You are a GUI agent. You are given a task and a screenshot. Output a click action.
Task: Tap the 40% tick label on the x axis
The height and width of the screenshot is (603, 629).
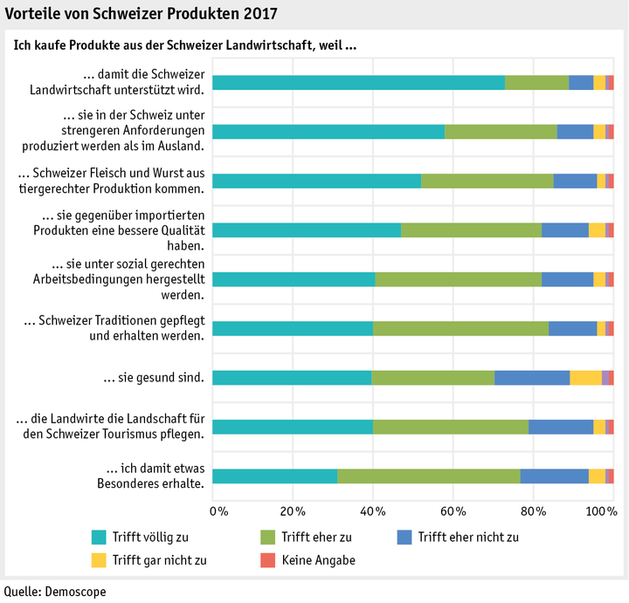pos(373,510)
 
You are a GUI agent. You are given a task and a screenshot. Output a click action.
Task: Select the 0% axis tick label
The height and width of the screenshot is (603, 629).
pos(218,510)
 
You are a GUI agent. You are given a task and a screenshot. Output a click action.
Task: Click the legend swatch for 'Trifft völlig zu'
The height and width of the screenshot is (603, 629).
pos(99,537)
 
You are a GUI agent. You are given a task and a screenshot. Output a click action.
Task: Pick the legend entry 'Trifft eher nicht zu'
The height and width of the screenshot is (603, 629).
pos(468,537)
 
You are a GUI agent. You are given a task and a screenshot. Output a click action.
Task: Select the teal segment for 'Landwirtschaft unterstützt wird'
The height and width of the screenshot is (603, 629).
pos(358,82)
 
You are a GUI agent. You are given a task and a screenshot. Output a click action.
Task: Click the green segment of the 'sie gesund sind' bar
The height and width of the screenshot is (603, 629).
pos(433,377)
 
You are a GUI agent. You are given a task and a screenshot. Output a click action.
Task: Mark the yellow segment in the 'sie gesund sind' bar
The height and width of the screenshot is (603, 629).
pos(585,377)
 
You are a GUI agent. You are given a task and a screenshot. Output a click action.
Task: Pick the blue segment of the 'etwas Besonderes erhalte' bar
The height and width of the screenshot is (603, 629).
pos(554,476)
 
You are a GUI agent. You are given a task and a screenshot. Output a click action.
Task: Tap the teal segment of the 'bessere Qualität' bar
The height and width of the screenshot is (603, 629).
pos(307,230)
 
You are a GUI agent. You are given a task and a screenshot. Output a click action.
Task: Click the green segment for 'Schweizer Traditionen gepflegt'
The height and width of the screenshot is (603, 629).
pos(460,328)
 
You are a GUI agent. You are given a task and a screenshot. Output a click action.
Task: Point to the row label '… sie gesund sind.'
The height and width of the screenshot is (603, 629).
pos(154,378)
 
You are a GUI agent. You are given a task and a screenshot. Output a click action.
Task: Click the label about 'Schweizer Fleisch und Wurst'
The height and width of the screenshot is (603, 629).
pos(111,180)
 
